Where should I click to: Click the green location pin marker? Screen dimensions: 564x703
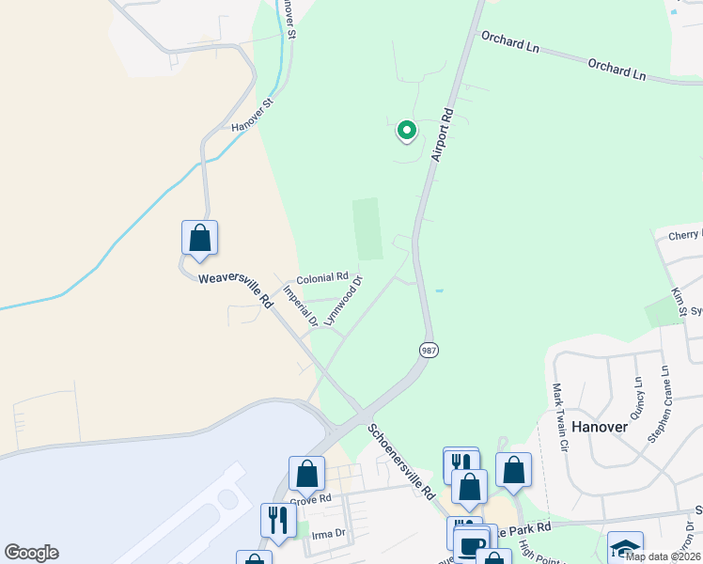point(406,131)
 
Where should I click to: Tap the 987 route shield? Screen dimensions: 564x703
point(428,350)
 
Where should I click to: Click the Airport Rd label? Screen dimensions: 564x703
point(444,133)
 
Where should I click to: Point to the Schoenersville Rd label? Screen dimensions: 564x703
point(401,461)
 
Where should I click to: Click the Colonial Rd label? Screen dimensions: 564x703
point(322,279)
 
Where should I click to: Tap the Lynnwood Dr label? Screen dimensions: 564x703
point(343,300)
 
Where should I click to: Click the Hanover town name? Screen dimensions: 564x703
point(599,426)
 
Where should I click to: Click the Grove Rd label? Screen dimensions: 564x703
point(311,499)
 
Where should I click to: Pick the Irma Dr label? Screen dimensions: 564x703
point(328,533)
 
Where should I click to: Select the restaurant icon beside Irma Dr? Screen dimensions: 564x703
point(277,519)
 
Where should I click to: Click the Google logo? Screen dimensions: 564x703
point(31,553)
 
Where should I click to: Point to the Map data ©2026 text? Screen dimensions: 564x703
point(662,556)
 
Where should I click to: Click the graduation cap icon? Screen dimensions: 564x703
point(625,546)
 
